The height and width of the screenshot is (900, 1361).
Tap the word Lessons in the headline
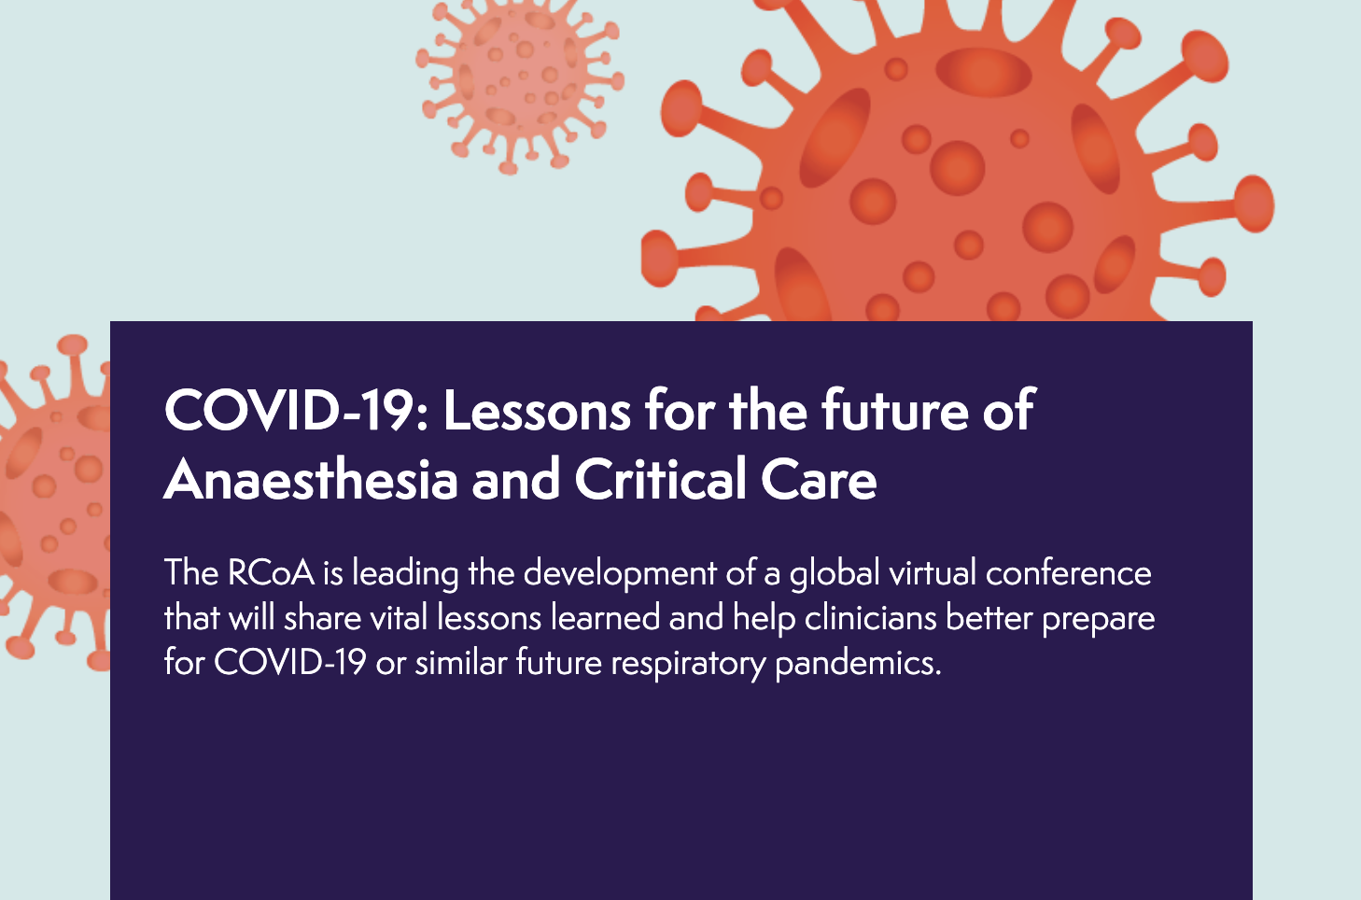[538, 411]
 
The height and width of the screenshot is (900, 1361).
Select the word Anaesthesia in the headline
[311, 480]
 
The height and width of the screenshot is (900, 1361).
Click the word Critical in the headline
[661, 480]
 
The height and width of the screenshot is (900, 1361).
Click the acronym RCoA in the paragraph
[271, 572]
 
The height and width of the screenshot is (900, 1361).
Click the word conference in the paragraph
[1068, 572]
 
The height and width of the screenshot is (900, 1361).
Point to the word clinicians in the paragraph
[870, 617]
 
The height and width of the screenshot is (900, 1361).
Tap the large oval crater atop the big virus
[983, 72]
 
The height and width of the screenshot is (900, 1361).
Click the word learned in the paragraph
[605, 617]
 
